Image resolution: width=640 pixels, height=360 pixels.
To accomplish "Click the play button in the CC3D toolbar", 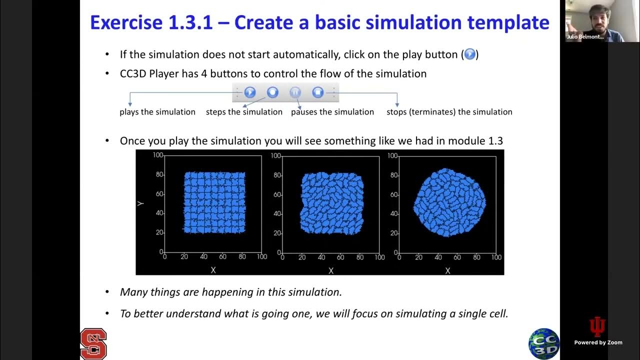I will coord(250,92).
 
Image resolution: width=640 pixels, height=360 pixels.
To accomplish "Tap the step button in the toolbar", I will coord(272,92).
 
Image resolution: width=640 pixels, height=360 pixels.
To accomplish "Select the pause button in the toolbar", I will coord(295,92).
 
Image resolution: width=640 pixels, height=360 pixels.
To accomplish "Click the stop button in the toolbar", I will coord(318,92).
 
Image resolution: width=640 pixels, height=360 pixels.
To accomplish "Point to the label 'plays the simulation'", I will coord(157,112).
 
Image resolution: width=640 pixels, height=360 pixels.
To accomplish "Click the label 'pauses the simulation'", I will coord(332,112).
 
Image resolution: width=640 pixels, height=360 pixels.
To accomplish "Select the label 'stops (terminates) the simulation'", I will coord(449,112).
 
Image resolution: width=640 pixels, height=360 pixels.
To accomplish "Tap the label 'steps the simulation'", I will coord(244,112).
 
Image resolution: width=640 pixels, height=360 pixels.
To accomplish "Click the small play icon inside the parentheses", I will coord(470,54).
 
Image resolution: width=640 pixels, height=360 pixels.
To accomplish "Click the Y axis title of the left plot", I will coord(141,204).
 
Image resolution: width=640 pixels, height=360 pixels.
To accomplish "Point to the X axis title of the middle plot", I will coord(331,270).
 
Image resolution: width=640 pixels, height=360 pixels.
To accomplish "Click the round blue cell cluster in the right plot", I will coord(449,202).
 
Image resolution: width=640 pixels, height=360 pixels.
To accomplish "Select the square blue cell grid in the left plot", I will coord(214,202).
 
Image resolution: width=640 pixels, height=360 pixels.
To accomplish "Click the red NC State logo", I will coord(93,343).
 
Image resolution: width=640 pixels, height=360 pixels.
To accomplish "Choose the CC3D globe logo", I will coord(543,343).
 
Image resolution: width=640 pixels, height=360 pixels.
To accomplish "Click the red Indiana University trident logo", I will coord(597,327).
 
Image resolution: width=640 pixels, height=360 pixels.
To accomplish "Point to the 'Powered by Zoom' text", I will coord(598,342).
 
